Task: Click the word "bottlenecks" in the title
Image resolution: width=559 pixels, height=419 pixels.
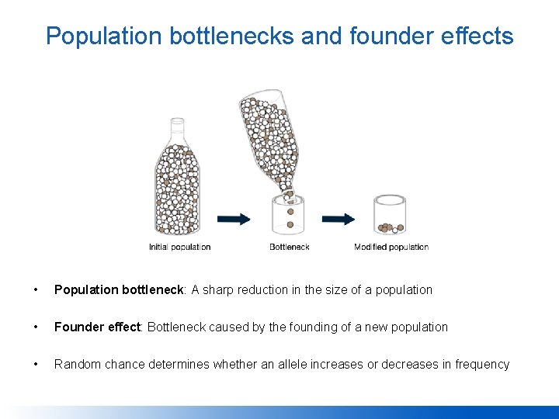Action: [x=233, y=36]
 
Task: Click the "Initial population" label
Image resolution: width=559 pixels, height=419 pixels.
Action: [x=179, y=248]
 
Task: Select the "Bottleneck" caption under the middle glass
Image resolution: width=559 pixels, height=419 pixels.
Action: [x=290, y=248]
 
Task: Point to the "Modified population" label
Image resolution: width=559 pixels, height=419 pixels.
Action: [x=391, y=248]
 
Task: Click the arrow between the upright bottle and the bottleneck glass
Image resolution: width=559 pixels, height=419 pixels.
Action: [x=234, y=219]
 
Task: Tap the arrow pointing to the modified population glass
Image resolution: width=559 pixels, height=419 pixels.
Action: [x=339, y=219]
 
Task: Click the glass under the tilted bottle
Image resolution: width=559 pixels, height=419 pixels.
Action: [x=289, y=216]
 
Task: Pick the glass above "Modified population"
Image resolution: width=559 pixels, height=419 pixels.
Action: [x=390, y=214]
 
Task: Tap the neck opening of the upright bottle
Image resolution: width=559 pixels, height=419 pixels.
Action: [x=178, y=121]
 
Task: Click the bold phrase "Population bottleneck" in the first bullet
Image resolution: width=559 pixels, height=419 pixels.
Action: [x=119, y=290]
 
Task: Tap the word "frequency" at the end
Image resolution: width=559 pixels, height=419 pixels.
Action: [x=482, y=365]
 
